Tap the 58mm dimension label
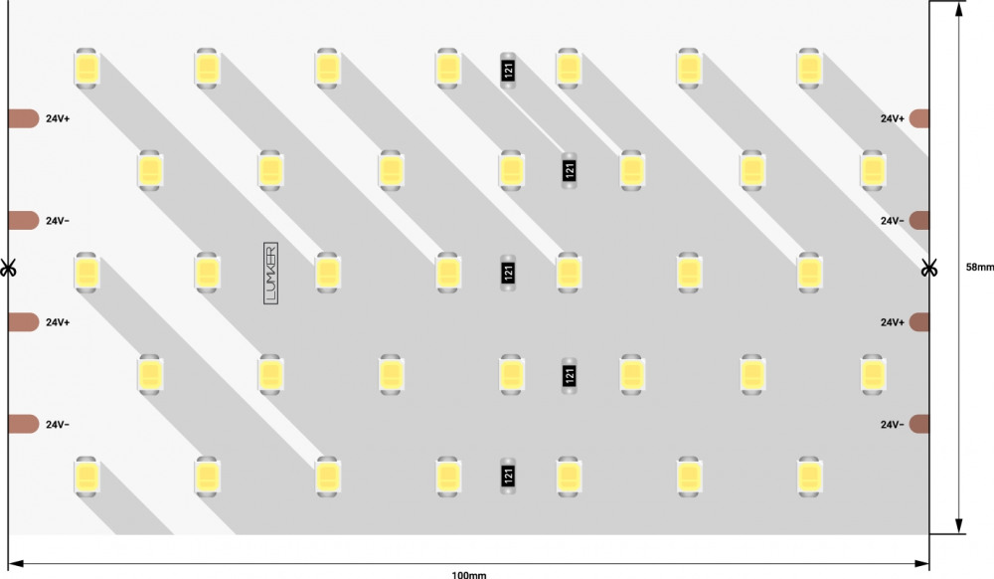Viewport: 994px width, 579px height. tap(978, 267)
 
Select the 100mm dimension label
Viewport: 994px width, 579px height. tap(468, 574)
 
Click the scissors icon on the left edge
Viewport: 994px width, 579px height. tap(8, 268)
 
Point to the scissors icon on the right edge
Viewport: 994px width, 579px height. tap(928, 268)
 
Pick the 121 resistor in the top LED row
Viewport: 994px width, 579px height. tap(508, 70)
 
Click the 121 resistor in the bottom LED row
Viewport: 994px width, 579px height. tap(508, 477)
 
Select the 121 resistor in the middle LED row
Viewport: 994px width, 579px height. tap(508, 273)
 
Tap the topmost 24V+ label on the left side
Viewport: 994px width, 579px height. tap(58, 118)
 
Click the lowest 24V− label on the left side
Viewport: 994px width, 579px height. tap(58, 425)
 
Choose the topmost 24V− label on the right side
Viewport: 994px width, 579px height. tap(892, 221)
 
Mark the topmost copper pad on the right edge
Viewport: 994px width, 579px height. tap(919, 118)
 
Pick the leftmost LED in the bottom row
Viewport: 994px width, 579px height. tap(86, 477)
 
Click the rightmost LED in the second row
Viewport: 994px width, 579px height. tap(872, 170)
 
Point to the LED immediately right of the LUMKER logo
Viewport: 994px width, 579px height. tap(327, 272)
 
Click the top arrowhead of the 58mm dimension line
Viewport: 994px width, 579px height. tap(959, 9)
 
